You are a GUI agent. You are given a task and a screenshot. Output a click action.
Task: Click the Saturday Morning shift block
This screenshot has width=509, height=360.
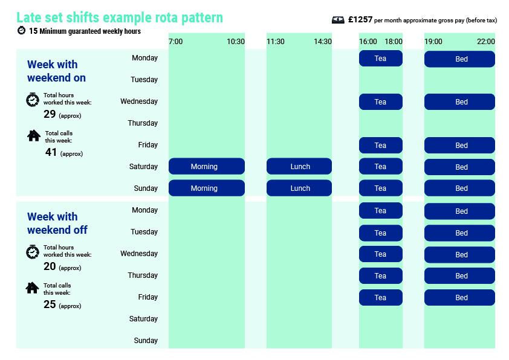click(x=207, y=166)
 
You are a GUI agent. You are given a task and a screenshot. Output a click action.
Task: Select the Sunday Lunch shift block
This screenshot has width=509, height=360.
click(x=299, y=188)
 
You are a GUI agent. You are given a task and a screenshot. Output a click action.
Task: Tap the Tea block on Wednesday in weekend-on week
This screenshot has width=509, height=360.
click(x=380, y=102)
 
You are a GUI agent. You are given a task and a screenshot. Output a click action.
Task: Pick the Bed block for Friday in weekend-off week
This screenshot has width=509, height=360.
click(x=459, y=297)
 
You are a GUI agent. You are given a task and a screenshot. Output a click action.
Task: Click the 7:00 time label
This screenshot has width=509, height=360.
click(x=176, y=42)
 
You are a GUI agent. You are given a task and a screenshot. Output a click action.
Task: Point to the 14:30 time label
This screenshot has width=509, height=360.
click(x=323, y=42)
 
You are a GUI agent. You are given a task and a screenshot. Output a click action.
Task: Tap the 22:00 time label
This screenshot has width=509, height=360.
click(x=486, y=42)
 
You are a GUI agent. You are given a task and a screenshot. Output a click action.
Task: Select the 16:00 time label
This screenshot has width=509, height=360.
click(x=368, y=42)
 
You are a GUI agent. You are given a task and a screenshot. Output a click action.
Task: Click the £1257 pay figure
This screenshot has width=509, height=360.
click(x=360, y=20)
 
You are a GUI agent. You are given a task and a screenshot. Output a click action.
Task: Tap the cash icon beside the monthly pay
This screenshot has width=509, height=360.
click(x=338, y=20)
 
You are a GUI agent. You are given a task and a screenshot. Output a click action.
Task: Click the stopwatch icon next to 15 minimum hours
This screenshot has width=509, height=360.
click(x=21, y=30)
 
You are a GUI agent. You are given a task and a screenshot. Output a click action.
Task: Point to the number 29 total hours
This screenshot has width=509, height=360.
click(x=50, y=114)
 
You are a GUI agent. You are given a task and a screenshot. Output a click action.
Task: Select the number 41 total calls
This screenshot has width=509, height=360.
click(x=51, y=152)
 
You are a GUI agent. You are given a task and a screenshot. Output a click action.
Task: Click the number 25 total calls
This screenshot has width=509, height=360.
click(x=50, y=304)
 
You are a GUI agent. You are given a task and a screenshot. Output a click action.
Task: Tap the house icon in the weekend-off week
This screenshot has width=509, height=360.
click(x=33, y=288)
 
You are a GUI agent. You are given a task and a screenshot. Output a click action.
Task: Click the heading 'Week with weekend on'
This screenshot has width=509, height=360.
click(x=56, y=71)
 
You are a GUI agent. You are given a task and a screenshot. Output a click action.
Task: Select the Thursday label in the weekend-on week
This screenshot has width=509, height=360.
click(x=143, y=123)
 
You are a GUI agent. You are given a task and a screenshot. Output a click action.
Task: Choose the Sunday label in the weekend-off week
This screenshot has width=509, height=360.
click(x=146, y=340)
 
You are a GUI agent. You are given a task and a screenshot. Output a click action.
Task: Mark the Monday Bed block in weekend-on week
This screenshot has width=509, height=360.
click(x=459, y=59)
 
